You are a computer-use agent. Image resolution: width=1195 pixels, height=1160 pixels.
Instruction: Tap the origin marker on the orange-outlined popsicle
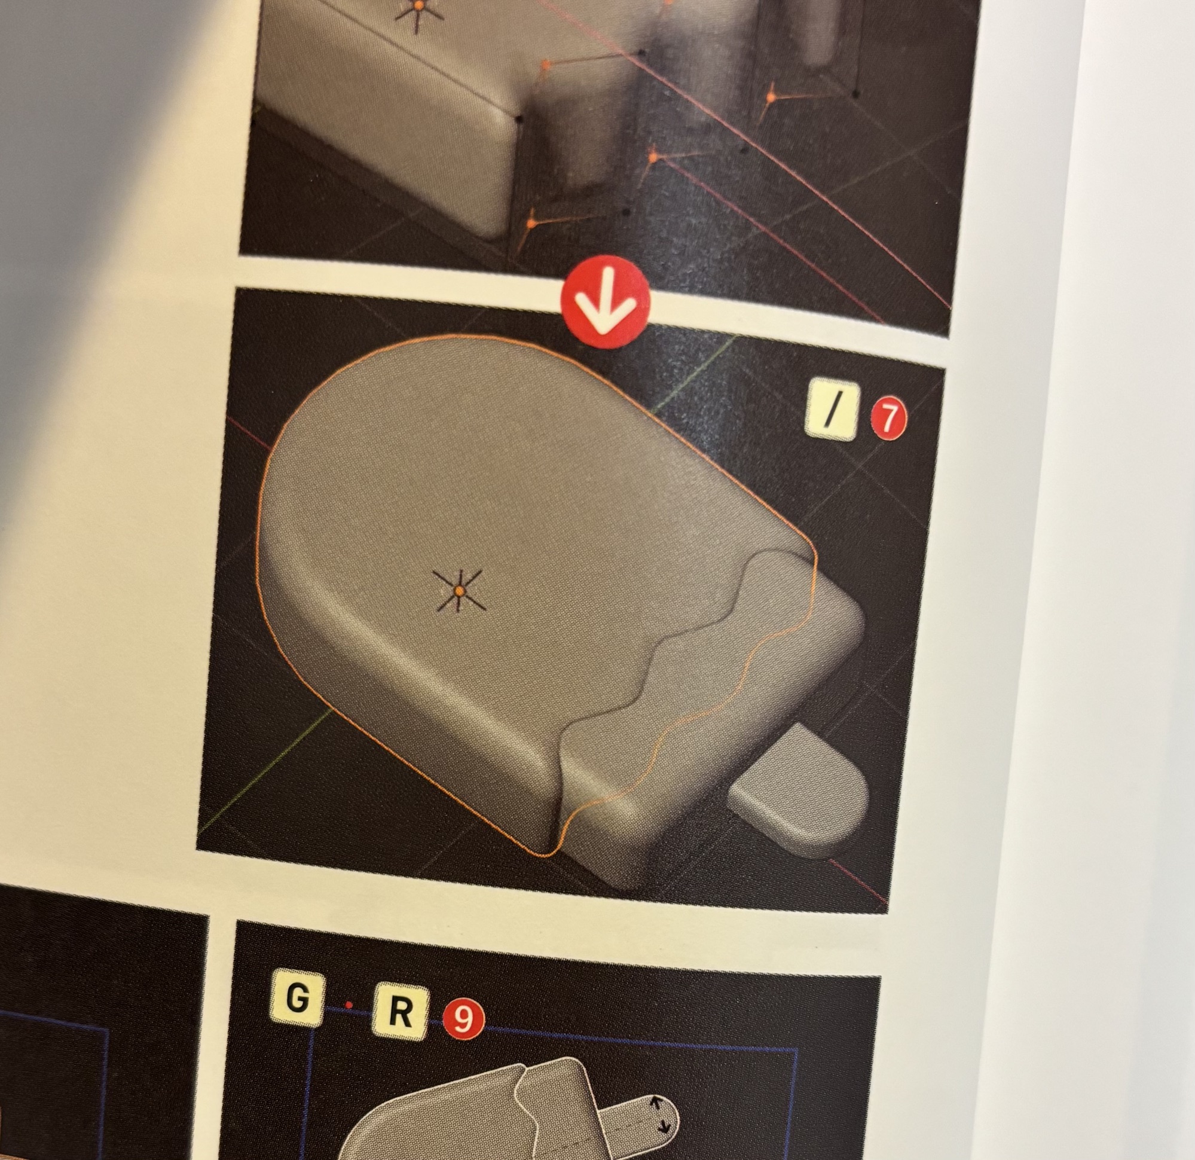point(459,591)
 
